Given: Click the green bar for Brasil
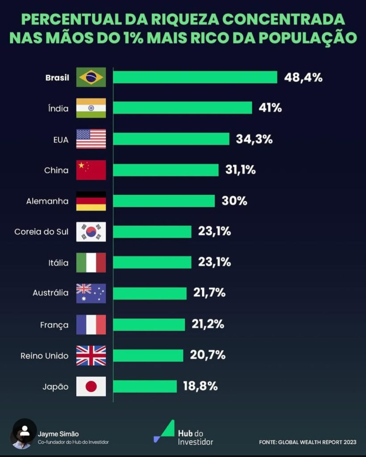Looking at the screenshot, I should coord(195,77).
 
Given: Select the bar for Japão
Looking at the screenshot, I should coord(145,386).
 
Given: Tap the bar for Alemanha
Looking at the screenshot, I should coord(164,201).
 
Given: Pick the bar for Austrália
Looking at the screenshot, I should coord(150,293).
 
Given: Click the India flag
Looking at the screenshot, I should coord(91,108).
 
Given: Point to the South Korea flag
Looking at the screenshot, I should coord(91,232).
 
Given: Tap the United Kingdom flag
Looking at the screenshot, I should coord(91,356).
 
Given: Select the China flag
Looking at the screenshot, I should coord(91,170).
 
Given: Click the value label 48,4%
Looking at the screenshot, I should coord(303,77).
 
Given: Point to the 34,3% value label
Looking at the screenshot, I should coord(254,139).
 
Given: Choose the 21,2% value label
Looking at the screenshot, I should coord(208,324).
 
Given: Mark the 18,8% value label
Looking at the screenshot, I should coord(200,386).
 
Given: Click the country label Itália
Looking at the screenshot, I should coord(58,263).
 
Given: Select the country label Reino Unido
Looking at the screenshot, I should coord(45,356).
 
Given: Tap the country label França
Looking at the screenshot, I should coord(55,325).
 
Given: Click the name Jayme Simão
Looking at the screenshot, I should coord(58,433).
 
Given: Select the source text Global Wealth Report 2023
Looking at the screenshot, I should coord(308,442).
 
